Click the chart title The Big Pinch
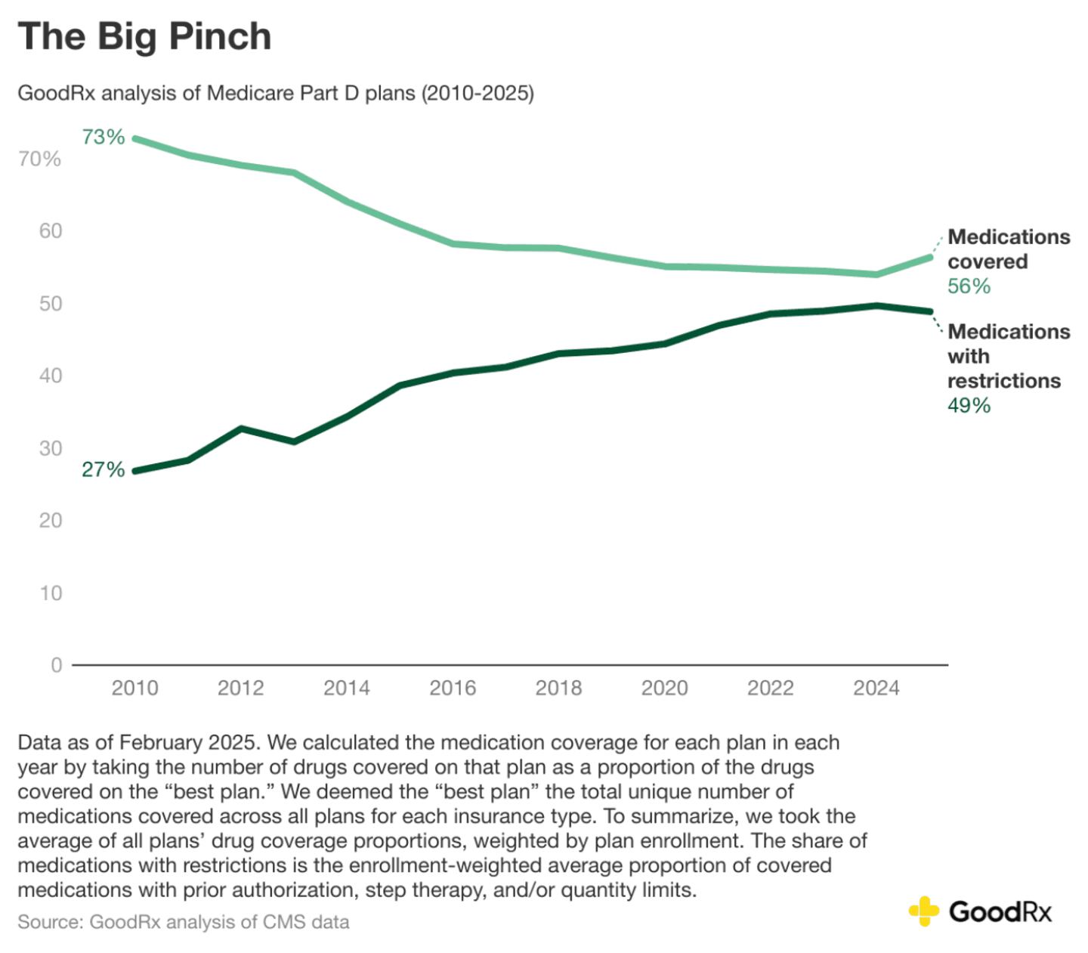pos(144,37)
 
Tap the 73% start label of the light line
pos(104,137)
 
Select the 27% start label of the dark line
pos(104,469)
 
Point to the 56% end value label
pos(969,286)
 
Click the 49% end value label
pos(969,406)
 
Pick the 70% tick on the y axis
pos(40,159)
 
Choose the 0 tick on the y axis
pos(57,665)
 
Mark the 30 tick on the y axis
pos(51,448)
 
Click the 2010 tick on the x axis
pos(135,688)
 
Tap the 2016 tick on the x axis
pos(453,688)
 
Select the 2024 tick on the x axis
pos(876,688)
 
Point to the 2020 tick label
pos(665,688)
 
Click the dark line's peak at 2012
pos(241,429)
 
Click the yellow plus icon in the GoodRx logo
pos(923,911)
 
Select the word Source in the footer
pos(48,922)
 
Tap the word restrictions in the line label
pos(1004,381)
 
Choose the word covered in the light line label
pos(988,261)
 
